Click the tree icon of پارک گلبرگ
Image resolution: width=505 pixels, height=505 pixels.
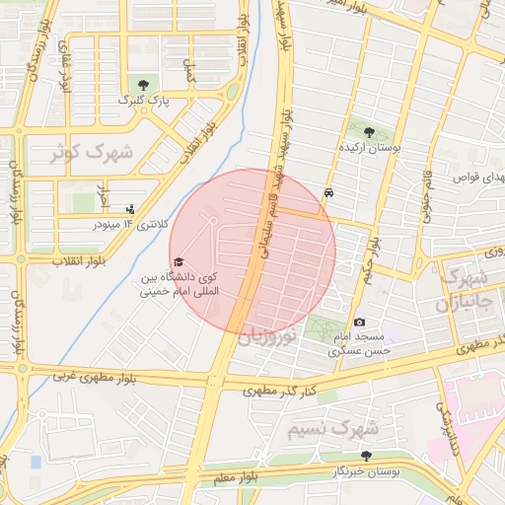click(145, 84)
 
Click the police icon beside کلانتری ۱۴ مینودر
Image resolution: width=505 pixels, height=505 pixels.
click(130, 209)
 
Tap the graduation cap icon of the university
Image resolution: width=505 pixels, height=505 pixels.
click(179, 261)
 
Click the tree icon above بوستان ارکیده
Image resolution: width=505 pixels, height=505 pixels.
click(369, 131)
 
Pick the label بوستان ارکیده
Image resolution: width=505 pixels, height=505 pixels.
click(369, 147)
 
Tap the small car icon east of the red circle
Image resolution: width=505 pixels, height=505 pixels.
click(327, 192)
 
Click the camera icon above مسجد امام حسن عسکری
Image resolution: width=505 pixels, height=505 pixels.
click(359, 323)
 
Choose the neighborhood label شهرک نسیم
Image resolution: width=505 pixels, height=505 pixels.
click(333, 430)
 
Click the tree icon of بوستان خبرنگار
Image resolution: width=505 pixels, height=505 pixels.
click(367, 456)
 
